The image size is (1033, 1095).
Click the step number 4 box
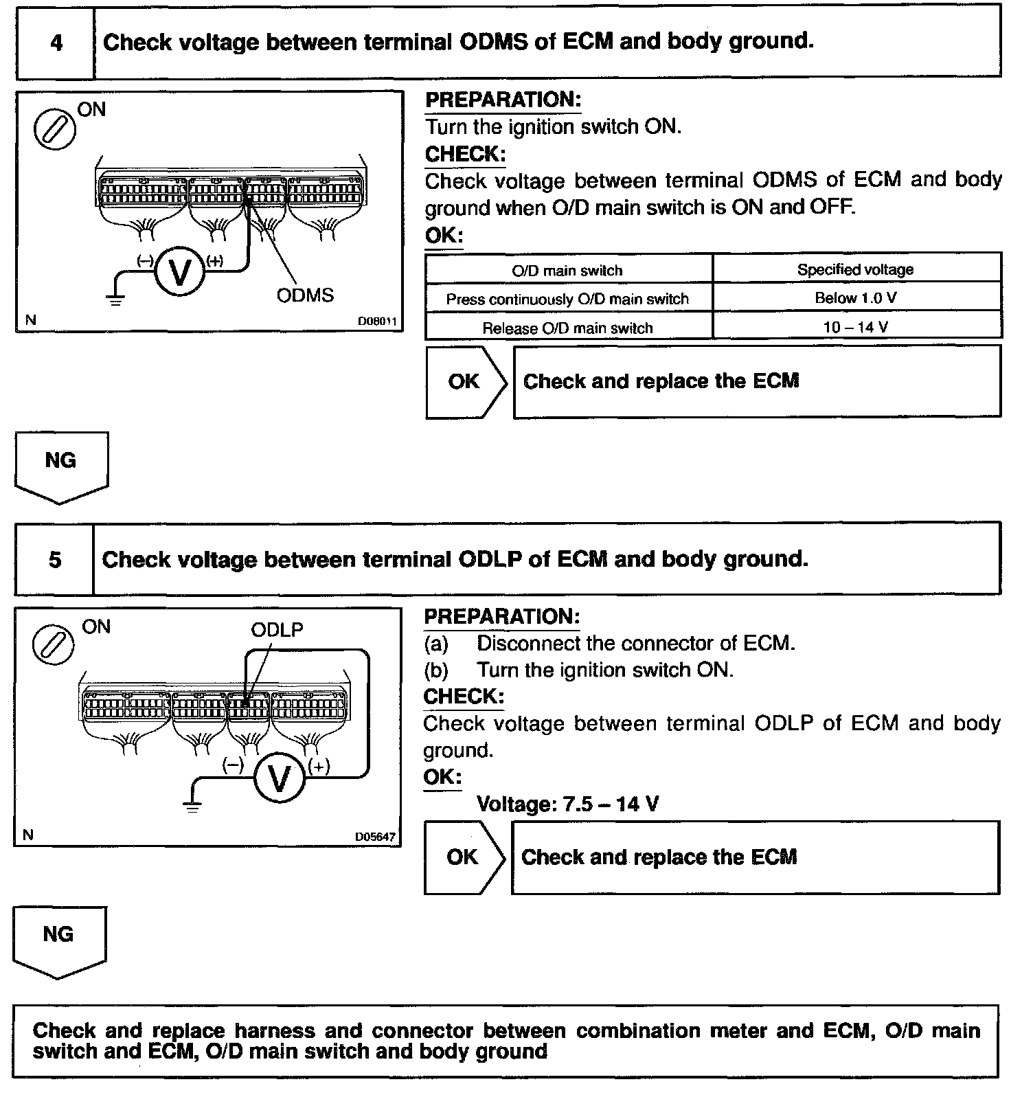click(56, 43)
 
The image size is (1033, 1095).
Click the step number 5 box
click(55, 559)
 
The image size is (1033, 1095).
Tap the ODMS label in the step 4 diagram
click(305, 295)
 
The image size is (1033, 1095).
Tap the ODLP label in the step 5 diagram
click(277, 629)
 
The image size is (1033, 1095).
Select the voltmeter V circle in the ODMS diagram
click(180, 273)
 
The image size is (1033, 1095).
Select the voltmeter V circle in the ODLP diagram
click(279, 778)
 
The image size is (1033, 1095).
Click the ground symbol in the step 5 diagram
click(193, 805)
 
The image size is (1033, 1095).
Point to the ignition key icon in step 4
click(54, 129)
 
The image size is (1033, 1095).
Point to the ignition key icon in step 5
click(53, 646)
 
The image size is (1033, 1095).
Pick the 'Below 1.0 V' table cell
click(856, 298)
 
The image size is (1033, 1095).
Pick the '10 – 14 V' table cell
click(856, 327)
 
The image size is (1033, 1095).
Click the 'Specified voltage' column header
click(856, 269)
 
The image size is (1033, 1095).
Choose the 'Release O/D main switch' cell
click(567, 328)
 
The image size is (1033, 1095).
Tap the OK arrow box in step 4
click(466, 382)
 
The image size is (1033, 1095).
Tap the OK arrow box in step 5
click(464, 857)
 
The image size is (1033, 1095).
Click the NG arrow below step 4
click(60, 466)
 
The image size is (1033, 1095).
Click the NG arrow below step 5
click(58, 940)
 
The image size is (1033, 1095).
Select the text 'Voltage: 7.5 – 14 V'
click(567, 804)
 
